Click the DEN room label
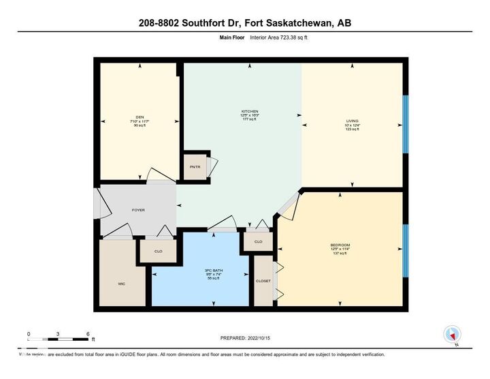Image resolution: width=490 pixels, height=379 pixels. coord(141,117)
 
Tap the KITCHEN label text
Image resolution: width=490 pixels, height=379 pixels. coord(250,111)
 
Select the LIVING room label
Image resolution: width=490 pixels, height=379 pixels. coord(352,121)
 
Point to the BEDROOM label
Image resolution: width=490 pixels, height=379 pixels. coord(340,245)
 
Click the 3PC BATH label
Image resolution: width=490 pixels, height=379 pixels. coord(214,271)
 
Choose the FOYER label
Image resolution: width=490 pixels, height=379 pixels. coord(138,210)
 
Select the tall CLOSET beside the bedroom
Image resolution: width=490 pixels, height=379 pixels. coord(263,280)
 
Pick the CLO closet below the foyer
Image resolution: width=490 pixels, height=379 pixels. coord(158,252)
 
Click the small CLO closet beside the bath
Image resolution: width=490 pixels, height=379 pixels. coord(259,242)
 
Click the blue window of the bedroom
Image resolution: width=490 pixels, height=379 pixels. coord(406,250)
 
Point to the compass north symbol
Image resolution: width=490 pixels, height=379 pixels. coord(452,335)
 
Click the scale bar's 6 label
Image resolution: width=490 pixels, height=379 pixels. coord(88,333)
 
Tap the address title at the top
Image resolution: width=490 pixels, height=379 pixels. coord(245,23)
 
